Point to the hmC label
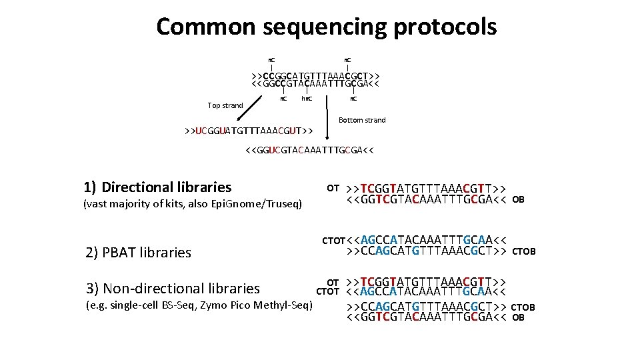tap(307, 99)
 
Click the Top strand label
tap(225, 105)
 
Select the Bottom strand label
tap(362, 120)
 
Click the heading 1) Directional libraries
tap(158, 187)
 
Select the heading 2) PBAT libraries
tap(139, 253)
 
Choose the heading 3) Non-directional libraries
tap(173, 289)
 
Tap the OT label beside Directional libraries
tap(333, 187)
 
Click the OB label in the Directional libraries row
tap(519, 199)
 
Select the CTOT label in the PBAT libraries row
tap(334, 240)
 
